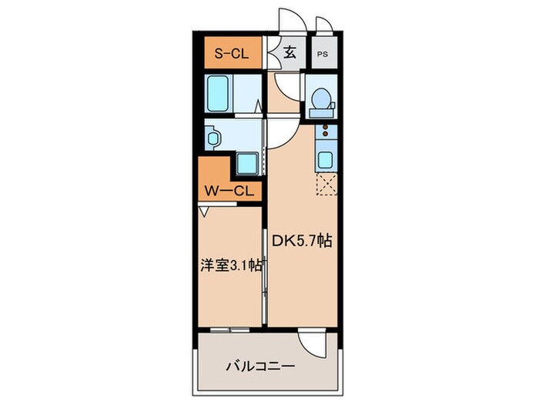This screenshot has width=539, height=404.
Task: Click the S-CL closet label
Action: (229, 54)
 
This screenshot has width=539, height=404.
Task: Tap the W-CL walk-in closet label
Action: (229, 192)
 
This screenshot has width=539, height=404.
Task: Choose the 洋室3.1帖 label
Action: (229, 266)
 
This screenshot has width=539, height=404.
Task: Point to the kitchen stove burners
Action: (325, 135)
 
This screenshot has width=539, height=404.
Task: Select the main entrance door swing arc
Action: (290, 22)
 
